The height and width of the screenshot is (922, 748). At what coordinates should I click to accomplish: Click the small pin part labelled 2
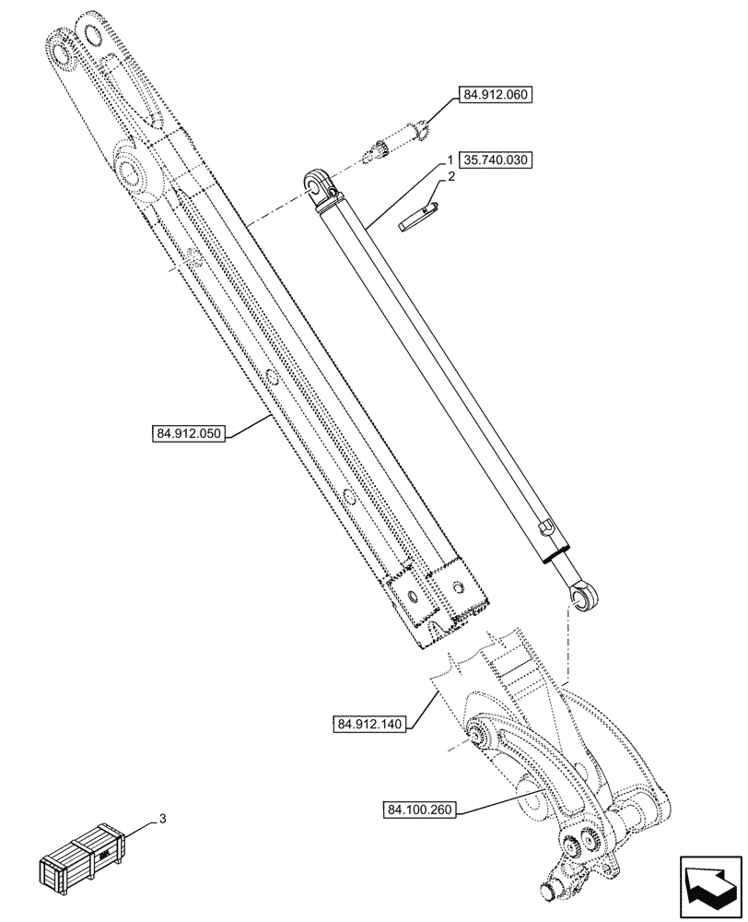point(420,217)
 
